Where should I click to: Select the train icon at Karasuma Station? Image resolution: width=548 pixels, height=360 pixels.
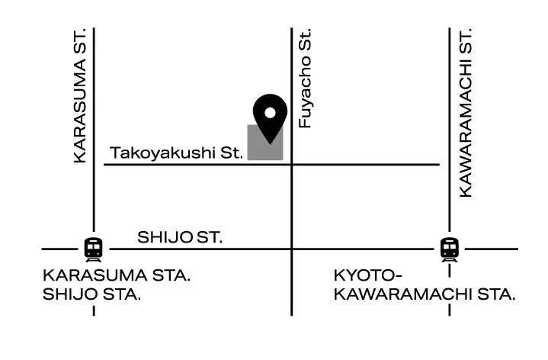click(x=94, y=248)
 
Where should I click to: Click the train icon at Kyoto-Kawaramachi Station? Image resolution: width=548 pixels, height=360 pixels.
click(x=449, y=248)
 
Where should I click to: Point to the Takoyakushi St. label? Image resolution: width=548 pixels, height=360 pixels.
click(x=176, y=153)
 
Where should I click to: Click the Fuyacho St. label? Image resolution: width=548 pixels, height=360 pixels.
click(x=305, y=79)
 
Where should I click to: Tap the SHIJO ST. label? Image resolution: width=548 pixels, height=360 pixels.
click(x=180, y=237)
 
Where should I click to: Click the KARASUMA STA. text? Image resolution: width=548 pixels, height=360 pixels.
click(x=116, y=275)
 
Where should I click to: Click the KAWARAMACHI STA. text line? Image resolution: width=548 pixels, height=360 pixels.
click(x=425, y=294)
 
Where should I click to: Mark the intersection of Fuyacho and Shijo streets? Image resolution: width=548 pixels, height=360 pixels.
click(x=292, y=249)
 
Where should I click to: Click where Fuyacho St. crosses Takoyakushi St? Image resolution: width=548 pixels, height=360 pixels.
click(x=292, y=164)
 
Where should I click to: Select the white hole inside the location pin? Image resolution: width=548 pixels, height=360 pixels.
click(x=270, y=112)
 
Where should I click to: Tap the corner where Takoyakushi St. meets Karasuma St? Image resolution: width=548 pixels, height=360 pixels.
click(x=95, y=164)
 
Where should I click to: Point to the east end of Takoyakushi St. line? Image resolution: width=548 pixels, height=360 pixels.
click(x=439, y=164)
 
